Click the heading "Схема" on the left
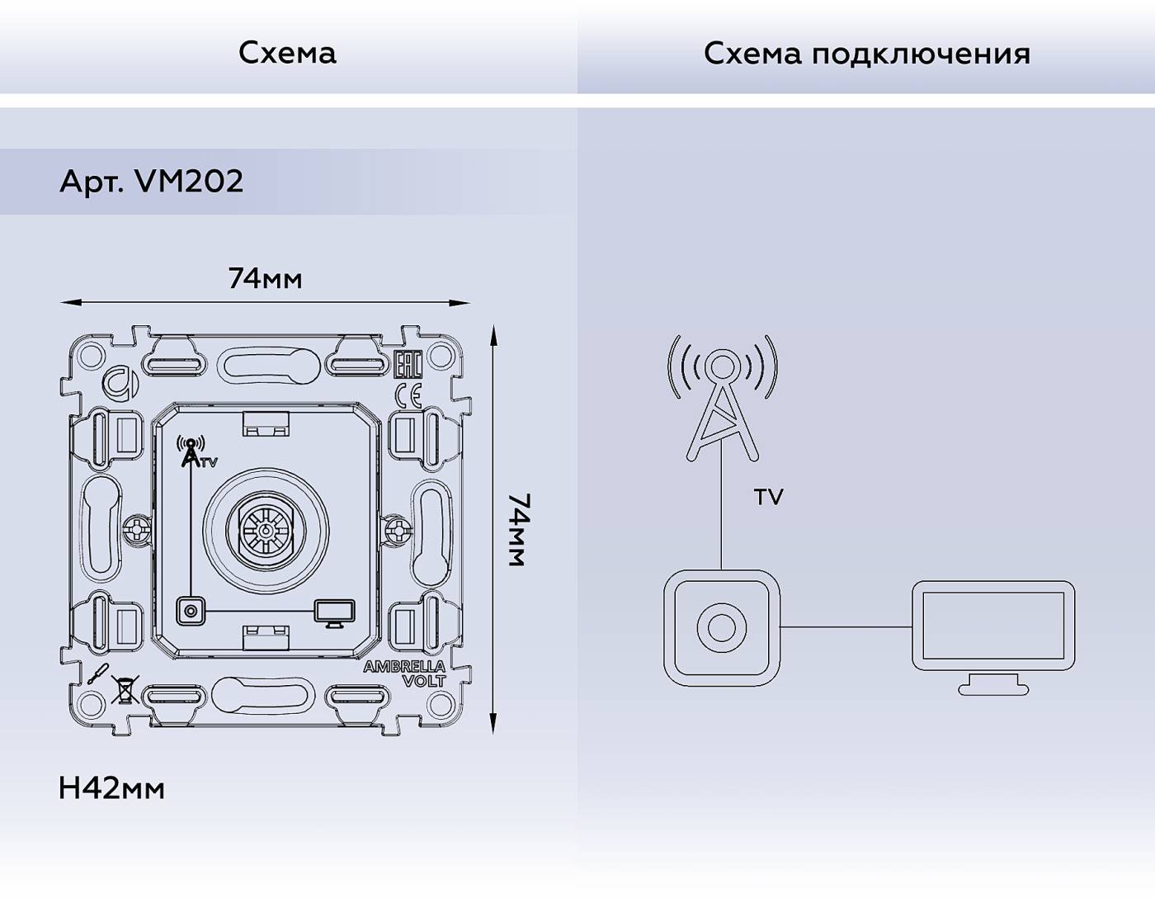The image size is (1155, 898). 287,53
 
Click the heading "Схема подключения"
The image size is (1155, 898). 866,54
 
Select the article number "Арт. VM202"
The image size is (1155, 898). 152,182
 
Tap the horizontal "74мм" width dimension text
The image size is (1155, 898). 265,279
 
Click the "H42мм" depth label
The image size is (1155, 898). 111,789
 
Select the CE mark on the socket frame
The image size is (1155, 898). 408,396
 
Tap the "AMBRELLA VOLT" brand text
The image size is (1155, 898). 404,673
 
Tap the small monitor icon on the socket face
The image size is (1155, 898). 334,612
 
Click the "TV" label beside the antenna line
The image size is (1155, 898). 768,497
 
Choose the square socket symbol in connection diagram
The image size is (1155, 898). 722,627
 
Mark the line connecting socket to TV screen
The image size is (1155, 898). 846,627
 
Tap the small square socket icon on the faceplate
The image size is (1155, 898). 191,611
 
